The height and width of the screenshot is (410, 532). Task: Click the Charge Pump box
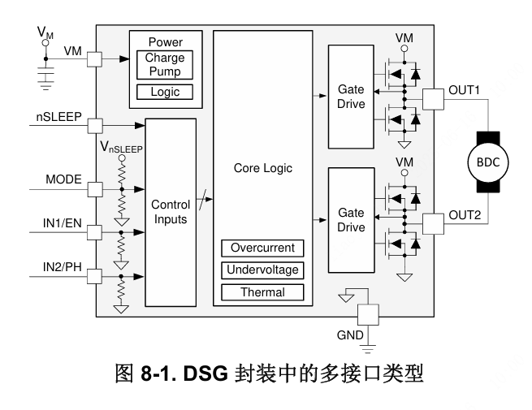click(x=165, y=65)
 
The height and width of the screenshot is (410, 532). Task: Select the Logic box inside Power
click(x=165, y=93)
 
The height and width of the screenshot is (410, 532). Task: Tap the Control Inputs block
click(x=171, y=213)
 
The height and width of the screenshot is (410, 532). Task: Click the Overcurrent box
click(x=262, y=248)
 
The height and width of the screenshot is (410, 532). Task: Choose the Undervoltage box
click(x=262, y=270)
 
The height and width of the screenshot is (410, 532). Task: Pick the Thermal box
click(x=262, y=291)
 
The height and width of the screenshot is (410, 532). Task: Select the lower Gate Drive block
click(x=351, y=220)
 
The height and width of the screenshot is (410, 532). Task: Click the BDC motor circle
click(x=488, y=162)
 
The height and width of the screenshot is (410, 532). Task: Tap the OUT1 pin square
click(x=434, y=99)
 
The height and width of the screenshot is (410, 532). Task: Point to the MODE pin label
click(x=63, y=179)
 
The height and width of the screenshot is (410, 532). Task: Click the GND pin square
click(x=368, y=315)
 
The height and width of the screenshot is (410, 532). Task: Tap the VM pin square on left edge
click(x=95, y=59)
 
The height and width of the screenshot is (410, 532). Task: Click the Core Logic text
click(x=262, y=168)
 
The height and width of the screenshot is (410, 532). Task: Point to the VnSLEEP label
click(x=121, y=148)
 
